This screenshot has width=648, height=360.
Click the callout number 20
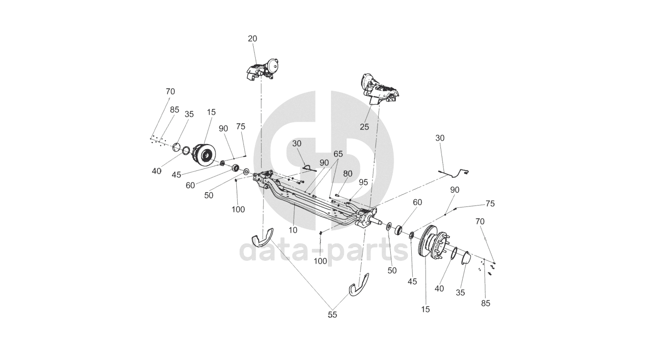(253, 39)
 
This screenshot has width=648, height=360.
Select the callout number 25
(365, 127)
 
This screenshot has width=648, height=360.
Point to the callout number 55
(332, 314)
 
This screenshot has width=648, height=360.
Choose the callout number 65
(338, 154)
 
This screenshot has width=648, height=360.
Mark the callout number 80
(348, 174)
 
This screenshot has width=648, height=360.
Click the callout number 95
(364, 182)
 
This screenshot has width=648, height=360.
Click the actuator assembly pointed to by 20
(263, 69)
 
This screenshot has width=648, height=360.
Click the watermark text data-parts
(324, 252)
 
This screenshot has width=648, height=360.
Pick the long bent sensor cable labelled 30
(453, 172)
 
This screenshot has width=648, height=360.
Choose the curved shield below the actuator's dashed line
(263, 238)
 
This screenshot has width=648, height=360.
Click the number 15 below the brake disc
(426, 309)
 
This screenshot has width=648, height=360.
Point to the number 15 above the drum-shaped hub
(212, 112)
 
